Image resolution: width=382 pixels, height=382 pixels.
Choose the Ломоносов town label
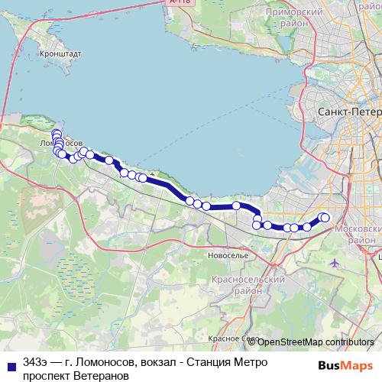pos(60,143)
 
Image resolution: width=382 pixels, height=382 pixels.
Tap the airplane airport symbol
pos(335,263)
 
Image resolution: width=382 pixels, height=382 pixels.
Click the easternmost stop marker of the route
pos(325,218)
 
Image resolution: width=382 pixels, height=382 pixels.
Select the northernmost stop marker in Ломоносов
pos(56,134)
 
